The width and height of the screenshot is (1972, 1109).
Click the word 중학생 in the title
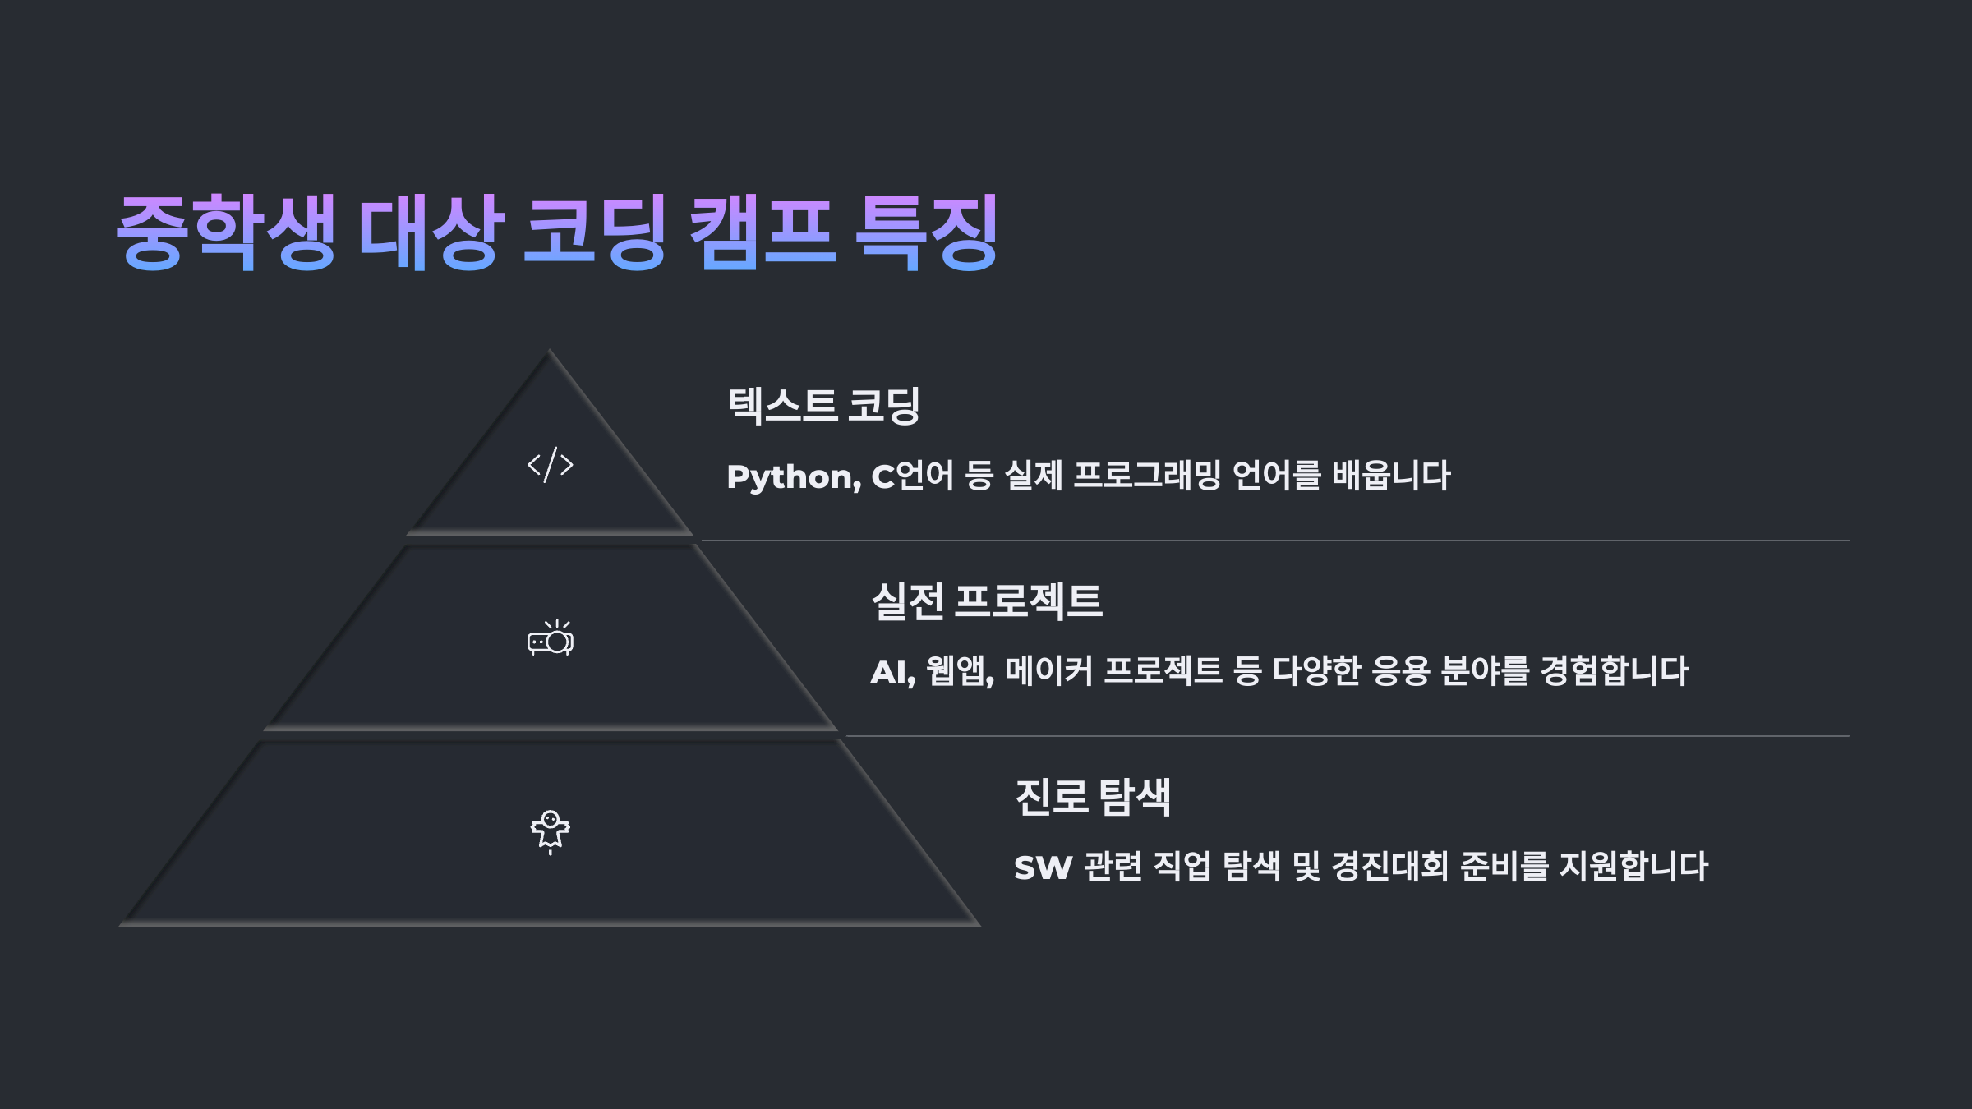click(226, 232)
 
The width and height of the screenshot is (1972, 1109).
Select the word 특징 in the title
click(927, 232)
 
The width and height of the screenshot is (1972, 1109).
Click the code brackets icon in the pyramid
click(550, 465)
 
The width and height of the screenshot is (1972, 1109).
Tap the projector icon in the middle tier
click(550, 638)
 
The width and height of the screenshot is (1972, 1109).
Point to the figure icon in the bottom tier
click(550, 831)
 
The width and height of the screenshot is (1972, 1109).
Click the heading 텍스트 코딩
click(823, 406)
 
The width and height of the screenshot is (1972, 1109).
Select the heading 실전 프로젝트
click(986, 601)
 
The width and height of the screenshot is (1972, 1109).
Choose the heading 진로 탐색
click(1093, 797)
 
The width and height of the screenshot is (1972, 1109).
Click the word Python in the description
click(792, 477)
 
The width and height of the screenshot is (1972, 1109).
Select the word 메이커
click(1048, 672)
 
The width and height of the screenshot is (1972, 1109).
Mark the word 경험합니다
click(1615, 672)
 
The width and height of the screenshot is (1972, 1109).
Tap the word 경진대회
click(1389, 867)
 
